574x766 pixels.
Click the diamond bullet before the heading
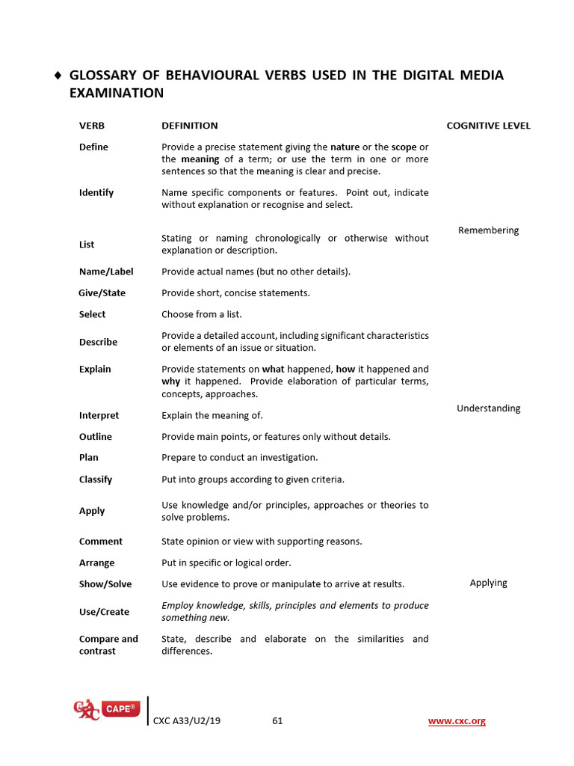58,76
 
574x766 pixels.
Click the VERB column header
92,126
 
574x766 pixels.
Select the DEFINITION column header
190,126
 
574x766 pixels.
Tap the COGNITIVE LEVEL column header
488,126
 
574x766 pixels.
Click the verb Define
93,147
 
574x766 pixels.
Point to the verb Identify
96,193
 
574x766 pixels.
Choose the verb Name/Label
106,272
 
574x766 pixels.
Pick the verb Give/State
102,293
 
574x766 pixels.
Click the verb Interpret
99,416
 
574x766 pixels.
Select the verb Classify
96,479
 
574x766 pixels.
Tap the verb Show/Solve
105,584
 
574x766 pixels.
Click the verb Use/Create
104,612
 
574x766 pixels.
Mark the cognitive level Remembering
488,230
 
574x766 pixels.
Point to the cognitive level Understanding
488,408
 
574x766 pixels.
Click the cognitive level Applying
488,583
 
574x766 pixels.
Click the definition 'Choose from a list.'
202,315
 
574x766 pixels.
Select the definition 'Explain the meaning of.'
212,416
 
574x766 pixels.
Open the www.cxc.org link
457,721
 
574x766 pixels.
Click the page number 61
277,721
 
